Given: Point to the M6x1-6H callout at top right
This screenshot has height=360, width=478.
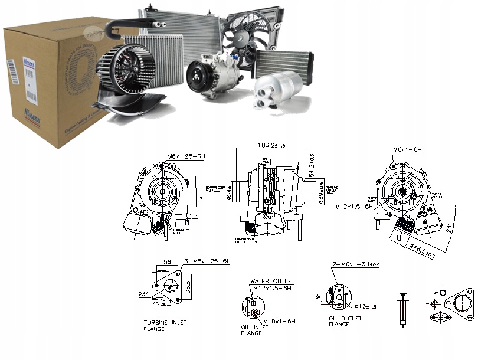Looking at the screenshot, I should point(407,150).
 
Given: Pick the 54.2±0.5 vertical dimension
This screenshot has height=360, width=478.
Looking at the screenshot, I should point(312,165).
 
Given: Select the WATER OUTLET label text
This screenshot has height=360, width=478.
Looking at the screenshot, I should point(272,281).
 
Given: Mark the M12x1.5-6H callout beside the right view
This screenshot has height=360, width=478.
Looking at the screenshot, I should point(354,207).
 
